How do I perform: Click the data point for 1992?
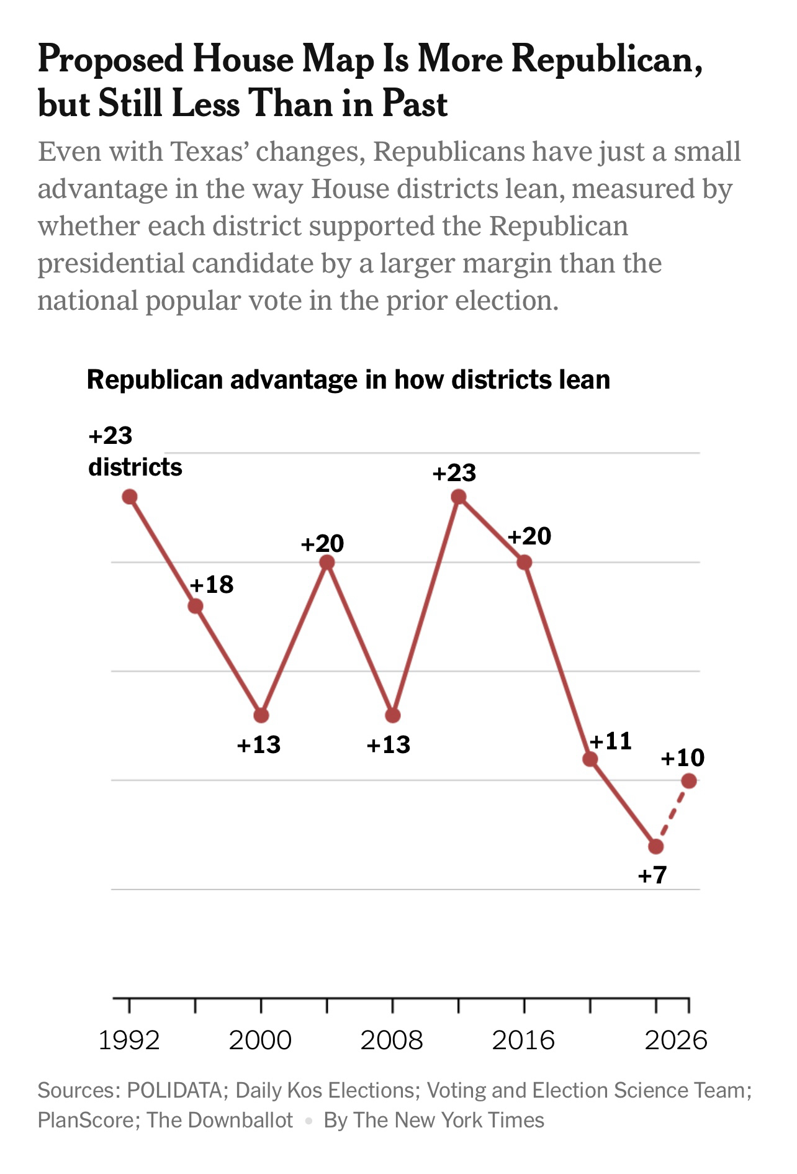130,497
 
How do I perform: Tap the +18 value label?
212,584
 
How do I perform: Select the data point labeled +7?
655,846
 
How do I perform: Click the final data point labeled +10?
688,781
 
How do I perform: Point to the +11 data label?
610,741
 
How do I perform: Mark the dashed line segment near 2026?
672,814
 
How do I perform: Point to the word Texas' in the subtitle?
210,151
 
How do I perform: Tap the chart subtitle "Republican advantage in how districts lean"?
348,379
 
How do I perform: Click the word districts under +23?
135,467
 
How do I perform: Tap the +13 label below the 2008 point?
389,744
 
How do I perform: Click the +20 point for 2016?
525,562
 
